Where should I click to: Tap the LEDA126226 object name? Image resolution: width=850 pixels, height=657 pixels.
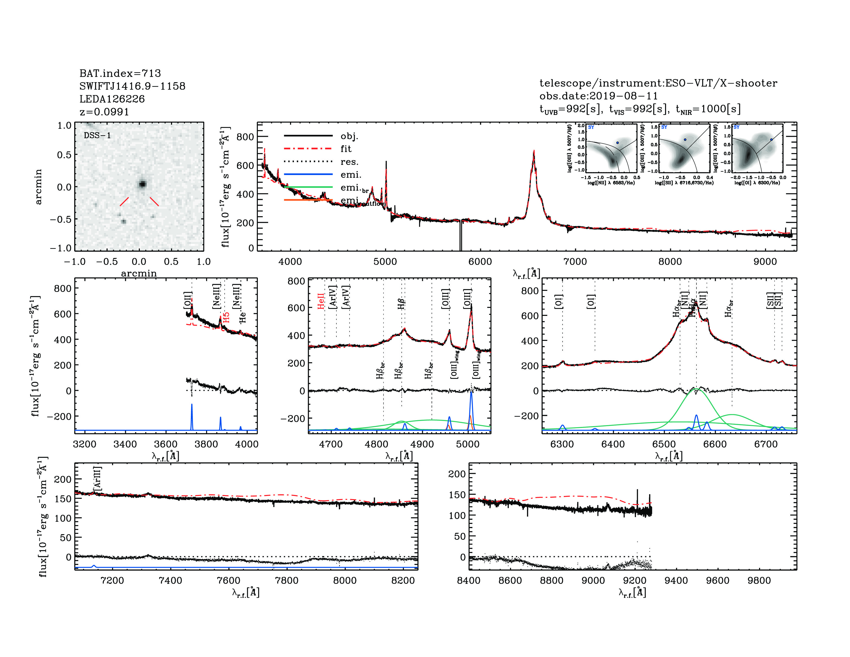point(112,99)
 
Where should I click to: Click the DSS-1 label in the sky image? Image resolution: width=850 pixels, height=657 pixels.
point(97,136)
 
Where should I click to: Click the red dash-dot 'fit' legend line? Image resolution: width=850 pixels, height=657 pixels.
point(308,149)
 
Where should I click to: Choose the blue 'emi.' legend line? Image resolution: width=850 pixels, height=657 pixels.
point(308,174)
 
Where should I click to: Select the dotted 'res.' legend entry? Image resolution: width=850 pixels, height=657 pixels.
point(308,162)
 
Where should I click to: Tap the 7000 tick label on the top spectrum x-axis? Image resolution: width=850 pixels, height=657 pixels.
point(575,262)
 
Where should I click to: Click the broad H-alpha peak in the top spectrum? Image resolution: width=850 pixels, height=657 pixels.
point(534,153)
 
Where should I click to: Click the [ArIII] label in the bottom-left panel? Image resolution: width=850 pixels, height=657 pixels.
point(97,478)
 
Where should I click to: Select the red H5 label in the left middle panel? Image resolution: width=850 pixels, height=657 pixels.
point(226,317)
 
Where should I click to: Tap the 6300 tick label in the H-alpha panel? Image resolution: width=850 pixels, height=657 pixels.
point(562,444)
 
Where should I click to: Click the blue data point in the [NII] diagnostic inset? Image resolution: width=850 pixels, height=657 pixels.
point(617,143)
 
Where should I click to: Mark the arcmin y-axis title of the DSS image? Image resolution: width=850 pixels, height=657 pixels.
point(38,187)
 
